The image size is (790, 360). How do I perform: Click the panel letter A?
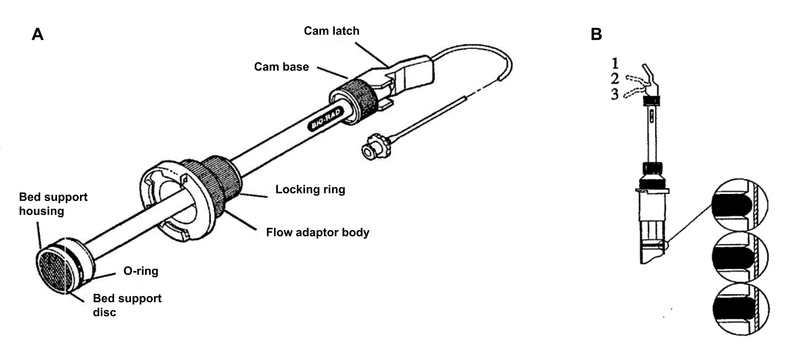pos(37,35)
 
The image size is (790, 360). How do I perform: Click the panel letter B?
pos(596,34)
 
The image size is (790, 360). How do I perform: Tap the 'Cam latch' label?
pos(332,31)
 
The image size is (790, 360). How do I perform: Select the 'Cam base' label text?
pos(282,67)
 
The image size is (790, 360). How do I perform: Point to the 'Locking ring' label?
pos(310,189)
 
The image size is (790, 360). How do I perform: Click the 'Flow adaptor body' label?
pos(318,232)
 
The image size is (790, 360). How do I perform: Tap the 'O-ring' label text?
pos(141,271)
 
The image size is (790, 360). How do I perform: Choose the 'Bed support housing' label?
pos(53,204)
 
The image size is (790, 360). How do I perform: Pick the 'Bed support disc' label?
pos(127,306)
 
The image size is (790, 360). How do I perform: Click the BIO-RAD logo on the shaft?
pos(325,120)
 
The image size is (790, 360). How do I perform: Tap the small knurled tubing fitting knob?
pos(376,146)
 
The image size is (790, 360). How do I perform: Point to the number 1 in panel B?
pos(615,64)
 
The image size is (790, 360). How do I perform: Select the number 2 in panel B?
pos(615,78)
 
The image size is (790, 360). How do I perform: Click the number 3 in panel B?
pos(615,94)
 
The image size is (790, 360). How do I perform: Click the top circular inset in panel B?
pos(740,205)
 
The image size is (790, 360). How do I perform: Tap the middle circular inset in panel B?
pos(740,257)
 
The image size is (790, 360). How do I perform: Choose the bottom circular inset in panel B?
pos(741,309)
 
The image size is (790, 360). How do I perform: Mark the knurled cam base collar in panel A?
pos(355,101)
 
